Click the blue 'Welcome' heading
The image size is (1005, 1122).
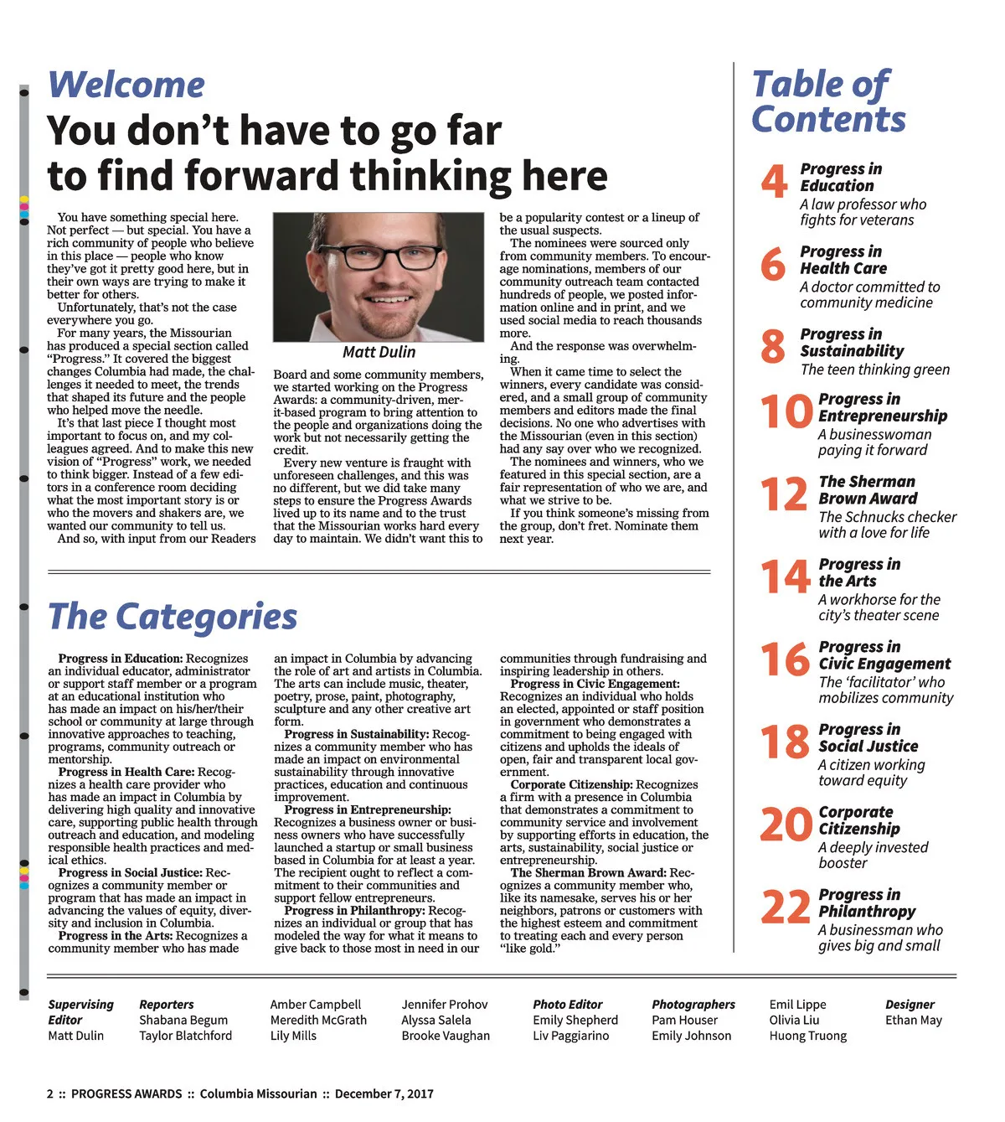[126, 85]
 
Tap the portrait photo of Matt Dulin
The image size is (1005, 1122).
[379, 277]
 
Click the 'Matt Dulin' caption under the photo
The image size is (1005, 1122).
[379, 352]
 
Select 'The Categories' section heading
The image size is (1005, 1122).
[173, 617]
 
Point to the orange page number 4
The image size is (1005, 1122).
[774, 182]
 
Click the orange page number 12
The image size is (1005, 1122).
[784, 494]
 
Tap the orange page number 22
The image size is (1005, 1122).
[786, 907]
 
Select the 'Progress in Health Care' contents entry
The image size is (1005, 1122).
[843, 260]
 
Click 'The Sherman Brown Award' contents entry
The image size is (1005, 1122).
[868, 490]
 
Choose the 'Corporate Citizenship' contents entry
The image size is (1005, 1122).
[858, 820]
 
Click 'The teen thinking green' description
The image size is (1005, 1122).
[875, 370]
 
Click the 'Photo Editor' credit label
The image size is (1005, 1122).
[568, 1004]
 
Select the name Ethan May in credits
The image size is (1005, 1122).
[913, 1020]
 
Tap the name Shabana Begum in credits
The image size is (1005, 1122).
[183, 1020]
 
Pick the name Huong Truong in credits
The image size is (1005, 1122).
[807, 1036]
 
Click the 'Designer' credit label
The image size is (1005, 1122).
[910, 1004]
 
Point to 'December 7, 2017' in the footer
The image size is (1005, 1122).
[384, 1094]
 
